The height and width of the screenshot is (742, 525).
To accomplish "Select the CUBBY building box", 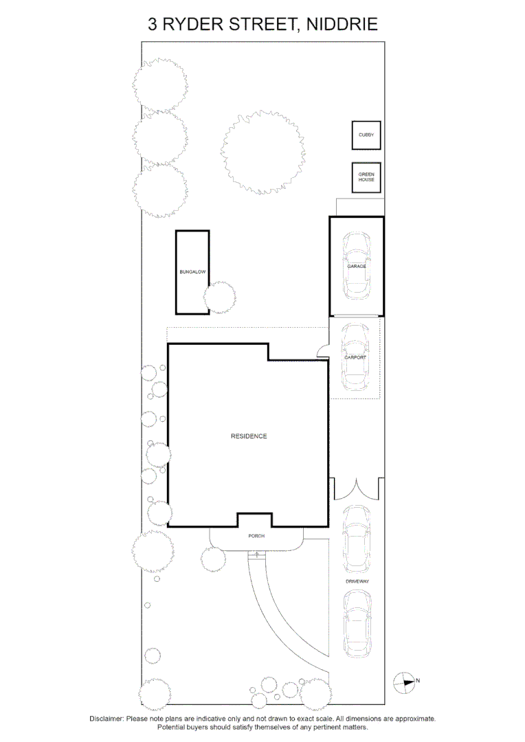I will point(366,135).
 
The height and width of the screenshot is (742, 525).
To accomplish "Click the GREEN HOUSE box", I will point(366,177).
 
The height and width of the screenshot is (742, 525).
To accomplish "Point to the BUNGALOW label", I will point(192,272).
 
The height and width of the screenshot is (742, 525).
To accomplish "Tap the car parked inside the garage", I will point(357,265).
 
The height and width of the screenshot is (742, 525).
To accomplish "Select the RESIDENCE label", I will point(249,436).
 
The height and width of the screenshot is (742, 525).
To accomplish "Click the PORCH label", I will point(256,536).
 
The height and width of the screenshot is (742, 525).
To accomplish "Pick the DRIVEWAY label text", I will point(358,581).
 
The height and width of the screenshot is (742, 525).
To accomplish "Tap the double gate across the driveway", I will point(356,488).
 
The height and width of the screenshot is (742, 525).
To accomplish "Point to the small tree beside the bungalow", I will point(221,297).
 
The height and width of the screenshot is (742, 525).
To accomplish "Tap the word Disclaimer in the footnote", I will point(107,719).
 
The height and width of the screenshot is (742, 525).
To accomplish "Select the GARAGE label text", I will point(357,266).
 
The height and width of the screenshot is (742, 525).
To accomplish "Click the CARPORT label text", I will point(355,358).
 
